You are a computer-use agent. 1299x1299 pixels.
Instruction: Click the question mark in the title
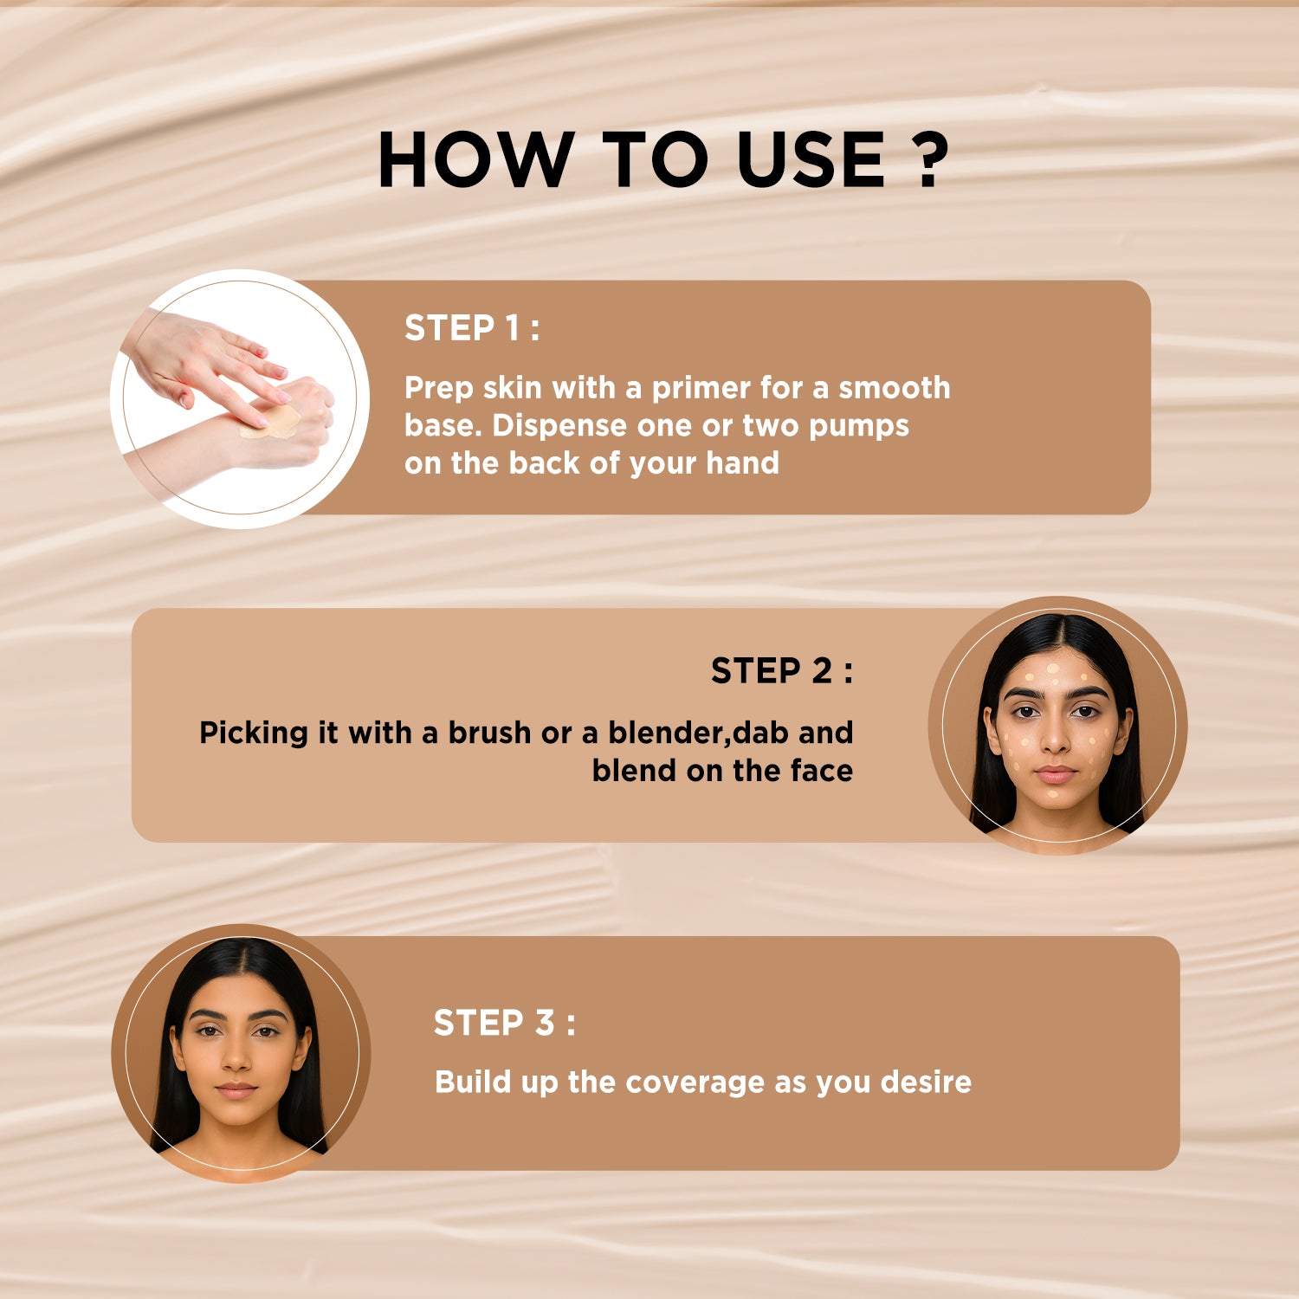click(x=932, y=160)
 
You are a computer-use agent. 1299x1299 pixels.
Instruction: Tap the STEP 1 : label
click(x=471, y=328)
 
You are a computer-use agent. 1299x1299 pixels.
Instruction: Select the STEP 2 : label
click(x=781, y=671)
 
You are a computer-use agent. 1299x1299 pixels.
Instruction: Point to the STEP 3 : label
click(x=503, y=1023)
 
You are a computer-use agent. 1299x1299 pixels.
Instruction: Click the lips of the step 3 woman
click(x=236, y=1089)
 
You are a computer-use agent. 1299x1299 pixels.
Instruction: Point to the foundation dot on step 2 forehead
click(x=1053, y=669)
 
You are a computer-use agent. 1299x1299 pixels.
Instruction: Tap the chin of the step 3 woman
click(x=236, y=1117)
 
